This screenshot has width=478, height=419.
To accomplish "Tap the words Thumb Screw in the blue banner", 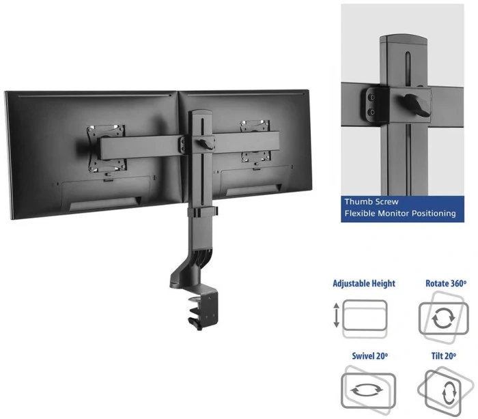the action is click(x=371, y=202).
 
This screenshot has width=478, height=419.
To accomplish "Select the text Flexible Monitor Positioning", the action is click(x=400, y=214).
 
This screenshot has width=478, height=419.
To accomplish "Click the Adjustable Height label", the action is click(x=364, y=283).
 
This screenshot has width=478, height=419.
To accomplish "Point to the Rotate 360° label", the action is click(x=446, y=283).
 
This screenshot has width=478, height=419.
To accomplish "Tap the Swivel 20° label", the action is click(x=370, y=356).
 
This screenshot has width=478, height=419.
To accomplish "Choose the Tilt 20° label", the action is click(x=444, y=356).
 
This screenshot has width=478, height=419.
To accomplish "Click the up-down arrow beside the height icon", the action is click(x=336, y=315).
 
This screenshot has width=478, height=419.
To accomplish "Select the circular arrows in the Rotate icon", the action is click(x=444, y=318).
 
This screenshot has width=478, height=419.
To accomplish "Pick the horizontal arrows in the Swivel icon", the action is click(x=367, y=390).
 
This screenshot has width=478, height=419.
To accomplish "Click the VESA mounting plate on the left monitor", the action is click(x=106, y=148).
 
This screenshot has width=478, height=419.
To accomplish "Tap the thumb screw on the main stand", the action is click(x=206, y=144).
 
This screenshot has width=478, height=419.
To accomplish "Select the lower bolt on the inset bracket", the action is click(x=371, y=113).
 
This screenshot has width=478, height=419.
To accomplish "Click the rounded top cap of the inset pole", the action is click(x=404, y=39).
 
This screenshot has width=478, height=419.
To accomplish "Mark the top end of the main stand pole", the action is click(x=200, y=113).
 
